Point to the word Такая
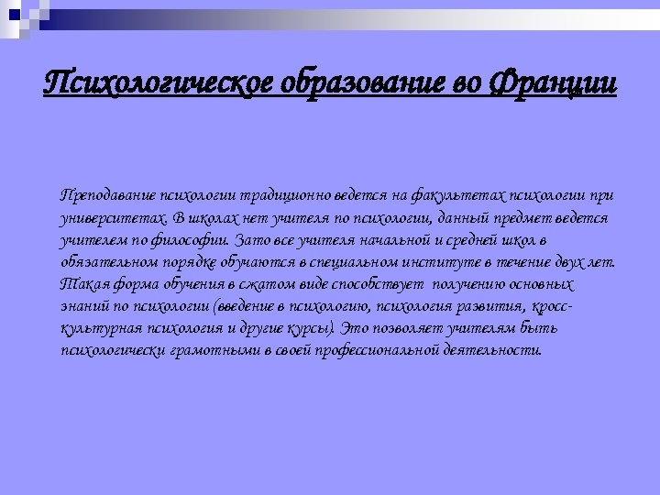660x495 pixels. coord(80,284)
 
